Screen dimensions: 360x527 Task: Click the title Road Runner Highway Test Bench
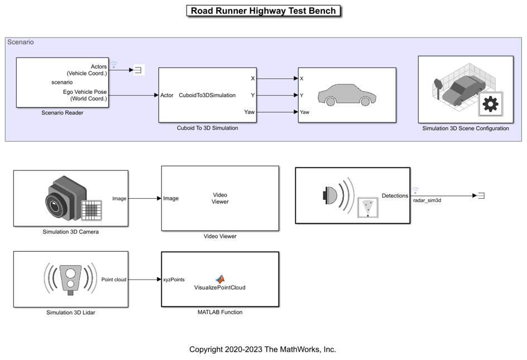[263, 11]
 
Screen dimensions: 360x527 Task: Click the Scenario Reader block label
[63, 113]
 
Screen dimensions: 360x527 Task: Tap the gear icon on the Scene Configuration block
[490, 104]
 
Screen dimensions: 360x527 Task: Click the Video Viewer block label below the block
[220, 236]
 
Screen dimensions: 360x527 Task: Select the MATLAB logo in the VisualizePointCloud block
[220, 279]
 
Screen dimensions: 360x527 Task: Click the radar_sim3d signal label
[427, 200]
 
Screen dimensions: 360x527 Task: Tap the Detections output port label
[395, 196]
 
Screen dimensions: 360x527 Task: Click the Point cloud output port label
[114, 280]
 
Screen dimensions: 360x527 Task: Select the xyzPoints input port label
[174, 280]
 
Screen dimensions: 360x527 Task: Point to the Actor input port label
[167, 95]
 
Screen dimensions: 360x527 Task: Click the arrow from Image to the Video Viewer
[144, 198]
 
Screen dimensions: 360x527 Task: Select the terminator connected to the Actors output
[138, 70]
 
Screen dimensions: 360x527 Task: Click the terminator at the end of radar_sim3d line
[481, 195]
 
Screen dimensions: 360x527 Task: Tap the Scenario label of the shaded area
[21, 42]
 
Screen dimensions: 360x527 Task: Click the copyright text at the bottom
[262, 349]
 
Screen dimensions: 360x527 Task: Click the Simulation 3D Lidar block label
[70, 313]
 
